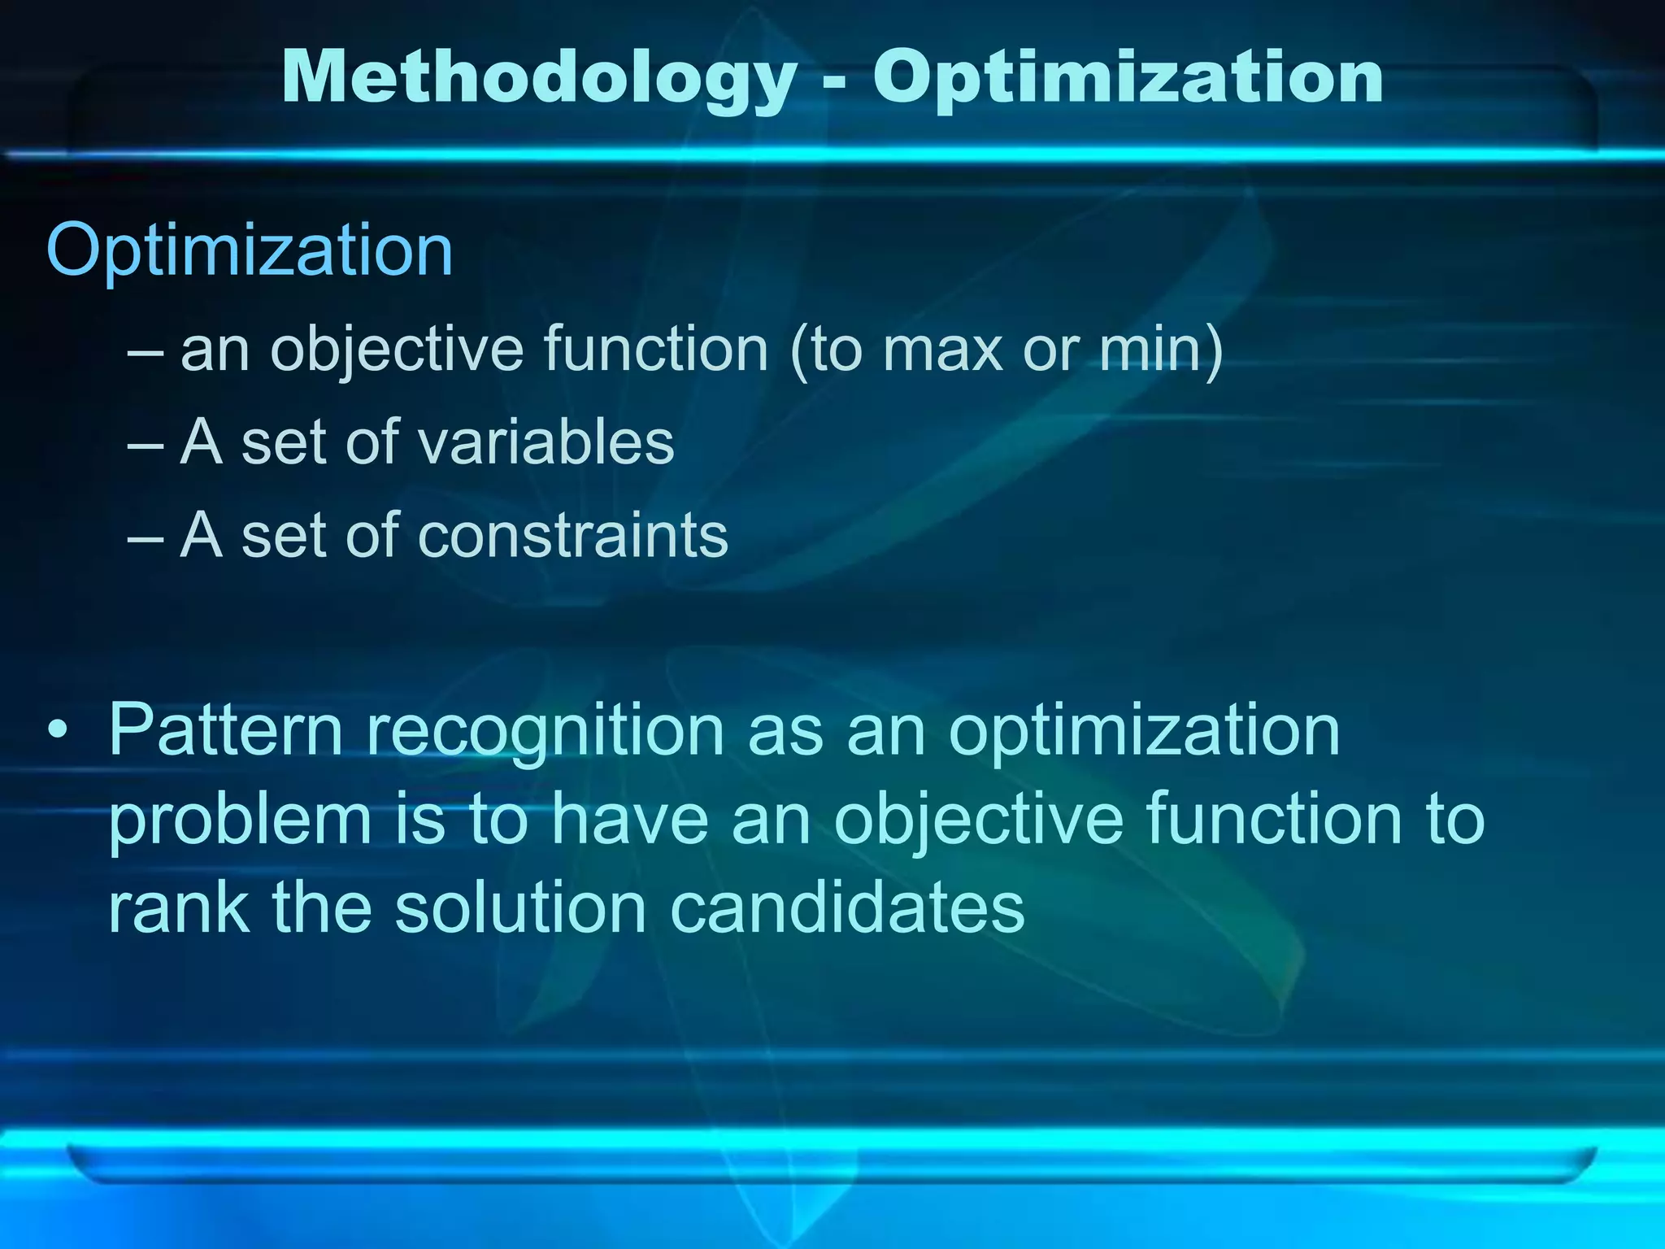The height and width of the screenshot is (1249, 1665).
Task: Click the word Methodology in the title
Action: coord(539,79)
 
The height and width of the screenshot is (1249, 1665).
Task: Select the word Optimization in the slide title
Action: coord(1128,79)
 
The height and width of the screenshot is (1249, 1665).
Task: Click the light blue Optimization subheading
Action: coord(250,251)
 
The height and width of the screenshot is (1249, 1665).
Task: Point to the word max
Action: coord(941,350)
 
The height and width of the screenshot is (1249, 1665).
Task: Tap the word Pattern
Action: coord(225,729)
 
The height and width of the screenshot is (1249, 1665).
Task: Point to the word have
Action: coord(630,820)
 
